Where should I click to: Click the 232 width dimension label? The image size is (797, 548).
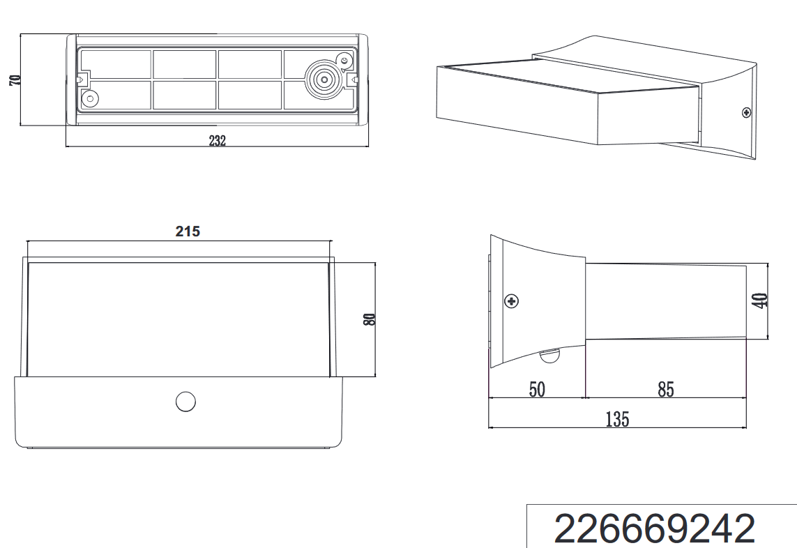[x=217, y=141]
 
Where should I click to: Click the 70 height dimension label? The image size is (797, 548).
[x=15, y=79]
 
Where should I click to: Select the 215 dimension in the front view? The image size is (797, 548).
[x=188, y=231]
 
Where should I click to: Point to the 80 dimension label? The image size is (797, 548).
[x=370, y=319]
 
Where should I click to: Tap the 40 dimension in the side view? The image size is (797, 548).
[x=761, y=300]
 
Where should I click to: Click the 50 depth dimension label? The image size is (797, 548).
[x=538, y=390]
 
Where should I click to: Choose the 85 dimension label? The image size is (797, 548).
[x=666, y=390]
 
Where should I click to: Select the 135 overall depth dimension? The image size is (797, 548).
[x=618, y=420]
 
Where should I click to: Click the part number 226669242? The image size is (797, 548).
[x=655, y=528]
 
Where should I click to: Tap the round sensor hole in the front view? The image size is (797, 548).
[x=185, y=402]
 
